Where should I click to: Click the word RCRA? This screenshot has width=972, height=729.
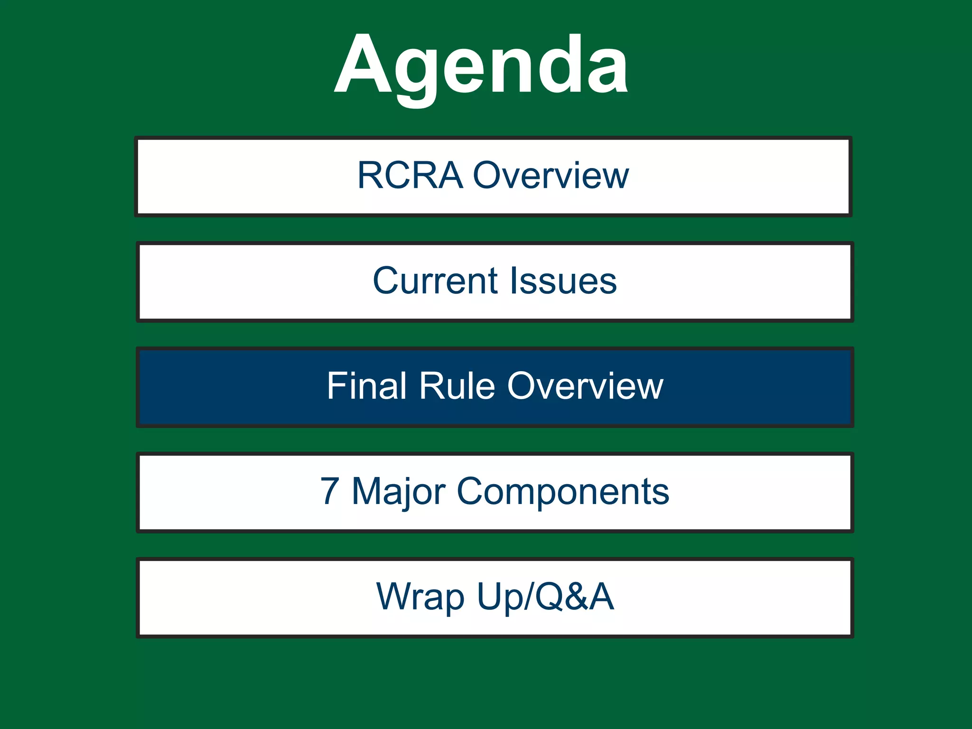pyautogui.click(x=410, y=176)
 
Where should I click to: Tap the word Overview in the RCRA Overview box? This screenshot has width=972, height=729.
pyautogui.click(x=551, y=176)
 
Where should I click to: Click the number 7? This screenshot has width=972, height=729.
pyautogui.click(x=330, y=492)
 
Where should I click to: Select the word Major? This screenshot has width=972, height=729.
pyautogui.click(x=399, y=492)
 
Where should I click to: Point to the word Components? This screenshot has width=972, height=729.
pyautogui.click(x=563, y=492)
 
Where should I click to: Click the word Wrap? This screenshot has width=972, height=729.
pyautogui.click(x=421, y=597)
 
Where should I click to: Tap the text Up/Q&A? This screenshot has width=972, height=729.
pyautogui.click(x=546, y=597)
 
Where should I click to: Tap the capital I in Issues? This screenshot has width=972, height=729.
pyautogui.click(x=513, y=281)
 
